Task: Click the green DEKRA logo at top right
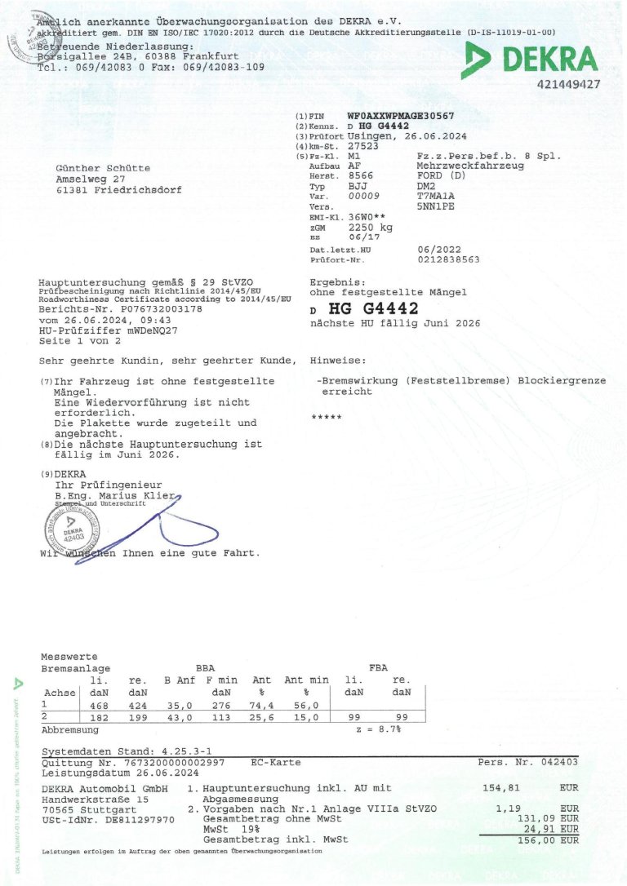pos(531,60)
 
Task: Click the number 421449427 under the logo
pos(569,84)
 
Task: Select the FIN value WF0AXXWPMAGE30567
pos(400,117)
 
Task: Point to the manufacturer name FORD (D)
pos(442,176)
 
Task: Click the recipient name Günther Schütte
pos(102,168)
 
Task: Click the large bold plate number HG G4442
pos(373,309)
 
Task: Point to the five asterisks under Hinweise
pos(327,418)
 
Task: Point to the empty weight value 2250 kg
pos(370,228)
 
